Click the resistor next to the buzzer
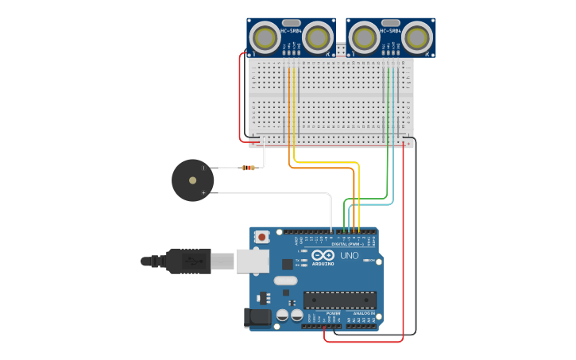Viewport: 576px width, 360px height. pyautogui.click(x=248, y=168)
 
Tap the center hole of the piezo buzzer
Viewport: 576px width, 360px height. pyautogui.click(x=192, y=180)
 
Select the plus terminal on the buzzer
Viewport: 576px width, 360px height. pyautogui.click(x=204, y=192)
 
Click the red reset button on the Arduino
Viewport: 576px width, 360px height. pyautogui.click(x=262, y=237)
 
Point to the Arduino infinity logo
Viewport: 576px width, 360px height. pyautogui.click(x=323, y=255)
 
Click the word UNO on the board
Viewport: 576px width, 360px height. pyautogui.click(x=350, y=255)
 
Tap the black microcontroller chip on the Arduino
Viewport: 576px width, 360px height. pyautogui.click(x=340, y=300)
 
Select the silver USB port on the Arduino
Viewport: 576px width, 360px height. pyautogui.click(x=253, y=261)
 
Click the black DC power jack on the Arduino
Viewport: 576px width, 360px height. pyautogui.click(x=257, y=317)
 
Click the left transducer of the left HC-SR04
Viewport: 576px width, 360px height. pyautogui.click(x=265, y=37)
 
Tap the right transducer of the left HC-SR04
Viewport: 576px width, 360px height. pyautogui.click(x=318, y=37)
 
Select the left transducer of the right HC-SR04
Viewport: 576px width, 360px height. pyautogui.click(x=363, y=37)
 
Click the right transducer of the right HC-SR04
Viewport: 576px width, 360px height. pyautogui.click(x=417, y=37)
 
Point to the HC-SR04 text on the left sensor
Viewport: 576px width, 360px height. pyautogui.click(x=291, y=31)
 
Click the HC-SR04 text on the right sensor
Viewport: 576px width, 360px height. pyautogui.click(x=390, y=31)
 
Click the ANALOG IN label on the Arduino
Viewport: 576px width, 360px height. pyautogui.click(x=365, y=314)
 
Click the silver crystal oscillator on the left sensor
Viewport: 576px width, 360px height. pyautogui.click(x=292, y=23)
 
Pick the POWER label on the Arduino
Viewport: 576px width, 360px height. pyautogui.click(x=333, y=314)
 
